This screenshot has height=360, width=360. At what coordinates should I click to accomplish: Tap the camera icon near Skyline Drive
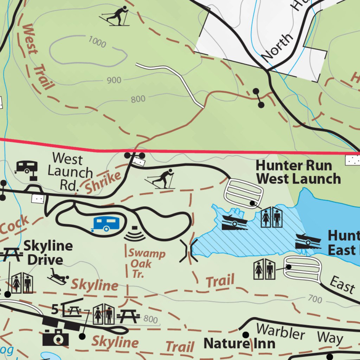point(56,337)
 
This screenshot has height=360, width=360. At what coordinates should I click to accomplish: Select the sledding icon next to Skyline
point(58,276)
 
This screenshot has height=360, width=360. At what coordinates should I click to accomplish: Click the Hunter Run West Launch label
point(297,172)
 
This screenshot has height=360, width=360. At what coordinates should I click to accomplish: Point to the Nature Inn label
point(239,343)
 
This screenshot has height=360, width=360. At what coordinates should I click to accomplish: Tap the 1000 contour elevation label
point(97,43)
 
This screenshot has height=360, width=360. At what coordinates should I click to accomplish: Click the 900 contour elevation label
point(114,81)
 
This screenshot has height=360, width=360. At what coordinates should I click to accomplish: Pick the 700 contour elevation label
point(315,299)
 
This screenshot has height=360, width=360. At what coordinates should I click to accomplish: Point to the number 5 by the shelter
point(55,310)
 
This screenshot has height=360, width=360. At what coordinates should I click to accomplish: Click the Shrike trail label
point(103,182)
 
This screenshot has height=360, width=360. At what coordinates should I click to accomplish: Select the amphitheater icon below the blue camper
point(135,234)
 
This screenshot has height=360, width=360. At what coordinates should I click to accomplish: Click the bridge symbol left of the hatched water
point(188,251)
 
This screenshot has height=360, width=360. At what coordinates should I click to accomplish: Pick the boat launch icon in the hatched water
point(234,221)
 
